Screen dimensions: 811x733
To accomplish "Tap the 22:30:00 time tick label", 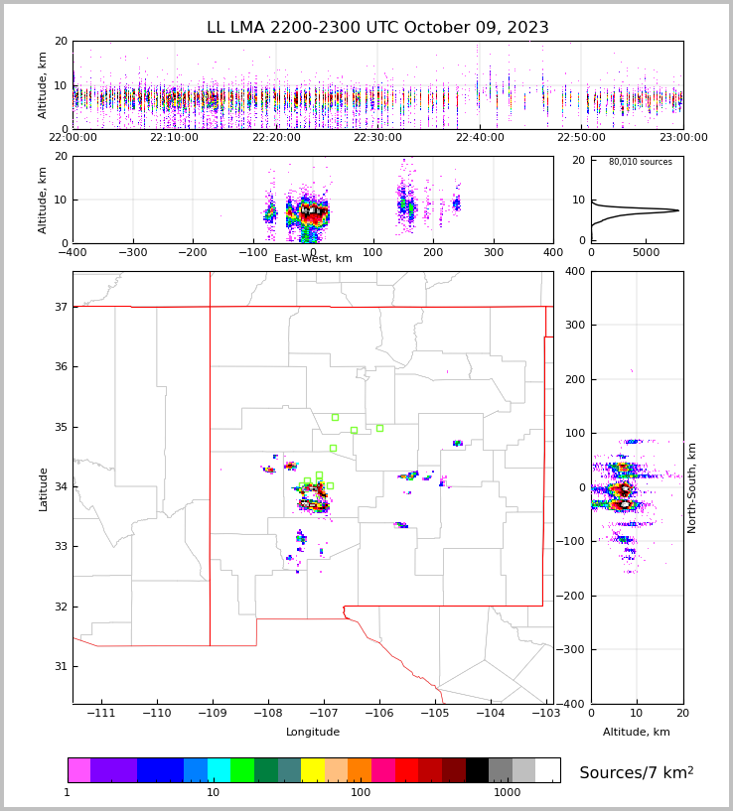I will coord(377,138).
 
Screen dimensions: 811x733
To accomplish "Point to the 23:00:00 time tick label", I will coord(682,138).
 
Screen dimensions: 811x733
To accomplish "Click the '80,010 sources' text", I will coord(640,162).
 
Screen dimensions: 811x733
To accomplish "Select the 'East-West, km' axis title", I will coord(313,259).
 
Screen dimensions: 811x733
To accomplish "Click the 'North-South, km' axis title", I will coord(692,487).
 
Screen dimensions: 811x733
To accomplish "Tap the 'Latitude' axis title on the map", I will coord(44,488).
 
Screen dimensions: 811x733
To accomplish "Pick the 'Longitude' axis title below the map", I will coord(313,733).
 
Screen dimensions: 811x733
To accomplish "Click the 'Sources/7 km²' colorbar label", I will coord(636,772).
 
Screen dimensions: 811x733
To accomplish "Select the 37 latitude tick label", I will coord(60,308).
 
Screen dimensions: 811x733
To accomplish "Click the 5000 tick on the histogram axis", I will coord(646,253).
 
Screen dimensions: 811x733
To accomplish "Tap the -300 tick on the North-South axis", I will coord(576,650).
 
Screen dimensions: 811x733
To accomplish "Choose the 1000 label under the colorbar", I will coord(507,793).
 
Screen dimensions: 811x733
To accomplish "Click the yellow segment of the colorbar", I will coord(312,770).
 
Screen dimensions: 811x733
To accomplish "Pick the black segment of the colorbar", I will coord(477,770).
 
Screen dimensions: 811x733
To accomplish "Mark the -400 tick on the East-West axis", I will coord(73,253).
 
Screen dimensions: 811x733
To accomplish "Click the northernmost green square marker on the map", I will coord(335,417).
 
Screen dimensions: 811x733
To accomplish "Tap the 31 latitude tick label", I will coord(60,666).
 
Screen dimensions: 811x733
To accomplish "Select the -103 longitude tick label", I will coord(545,714).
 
